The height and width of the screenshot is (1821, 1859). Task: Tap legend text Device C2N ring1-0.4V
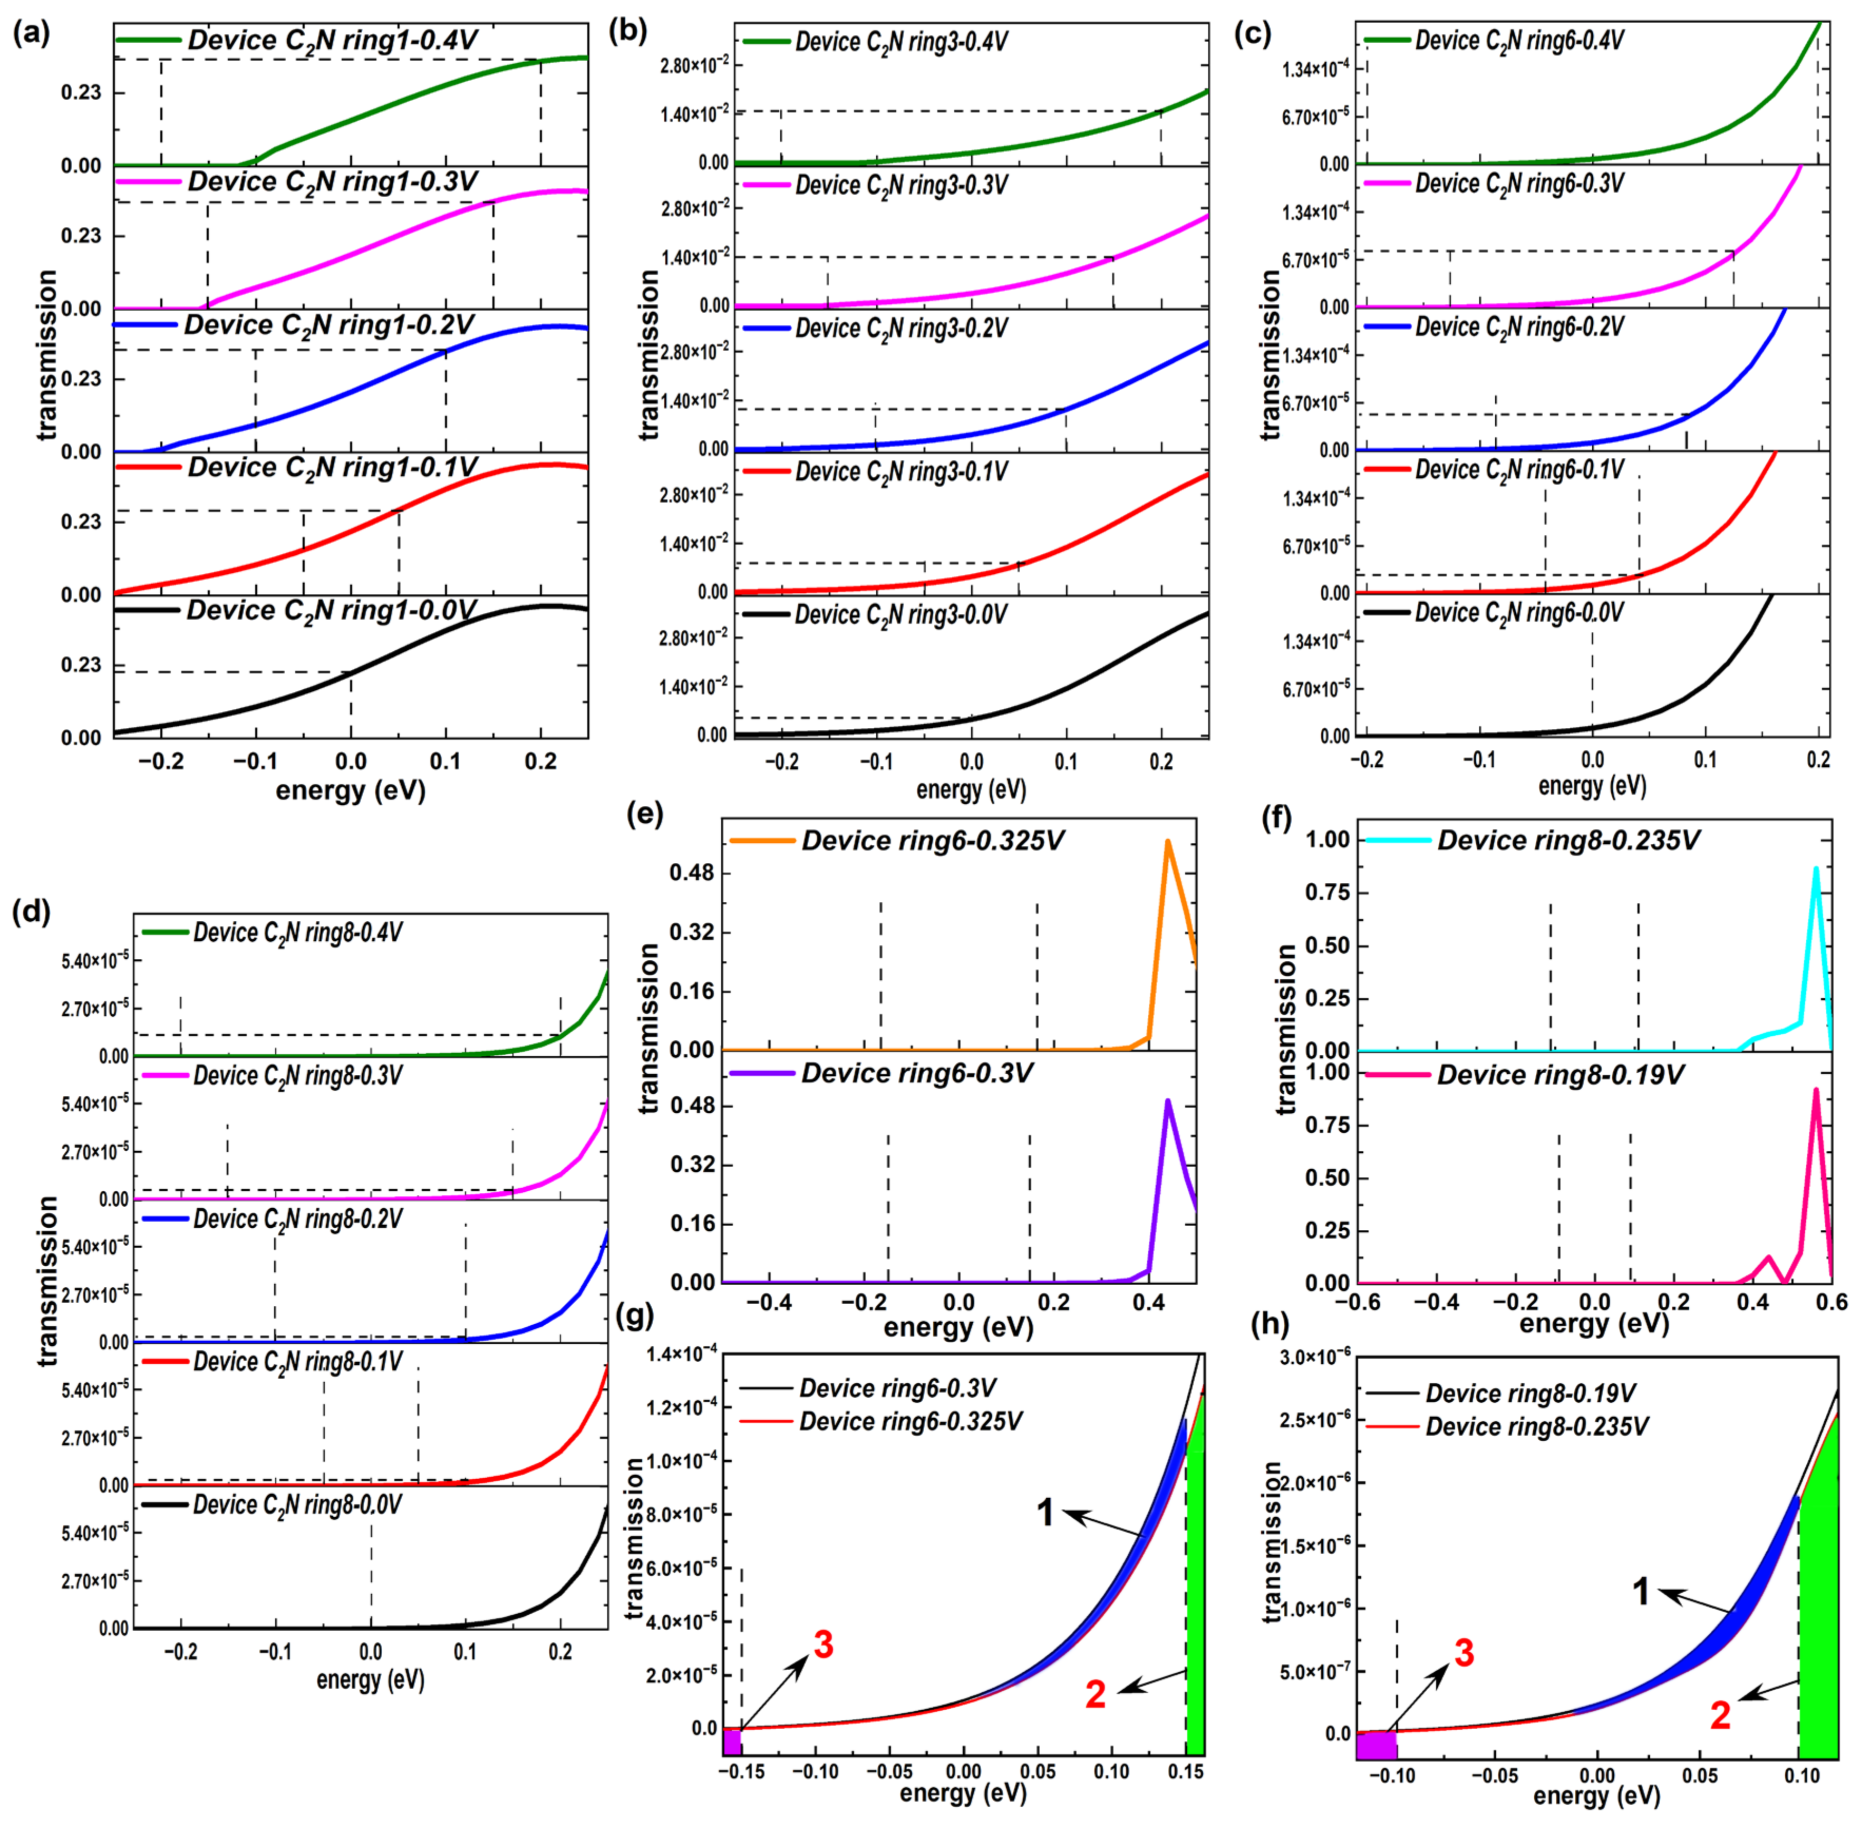coord(332,40)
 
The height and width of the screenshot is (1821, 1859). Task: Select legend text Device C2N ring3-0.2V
coord(901,328)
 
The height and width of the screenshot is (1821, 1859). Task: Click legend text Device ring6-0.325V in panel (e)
coord(932,841)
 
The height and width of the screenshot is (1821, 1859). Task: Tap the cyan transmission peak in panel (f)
coord(1815,870)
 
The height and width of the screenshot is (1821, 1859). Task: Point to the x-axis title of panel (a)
coord(350,791)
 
